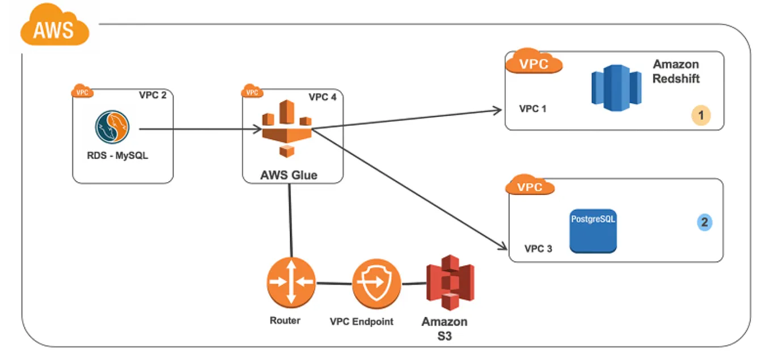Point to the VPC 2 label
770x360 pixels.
click(153, 95)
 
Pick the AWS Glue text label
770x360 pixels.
click(289, 175)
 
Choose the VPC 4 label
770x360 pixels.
click(322, 97)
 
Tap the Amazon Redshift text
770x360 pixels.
click(676, 71)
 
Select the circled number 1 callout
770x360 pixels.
click(701, 116)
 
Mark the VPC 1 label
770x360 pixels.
click(532, 108)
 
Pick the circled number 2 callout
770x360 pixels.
click(704, 222)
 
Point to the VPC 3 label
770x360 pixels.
click(538, 248)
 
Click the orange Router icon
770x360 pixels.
click(291, 282)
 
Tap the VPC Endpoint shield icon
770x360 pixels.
click(376, 282)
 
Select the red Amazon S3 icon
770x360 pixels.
click(451, 283)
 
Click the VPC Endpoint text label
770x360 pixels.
click(361, 321)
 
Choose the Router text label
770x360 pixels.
click(285, 320)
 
